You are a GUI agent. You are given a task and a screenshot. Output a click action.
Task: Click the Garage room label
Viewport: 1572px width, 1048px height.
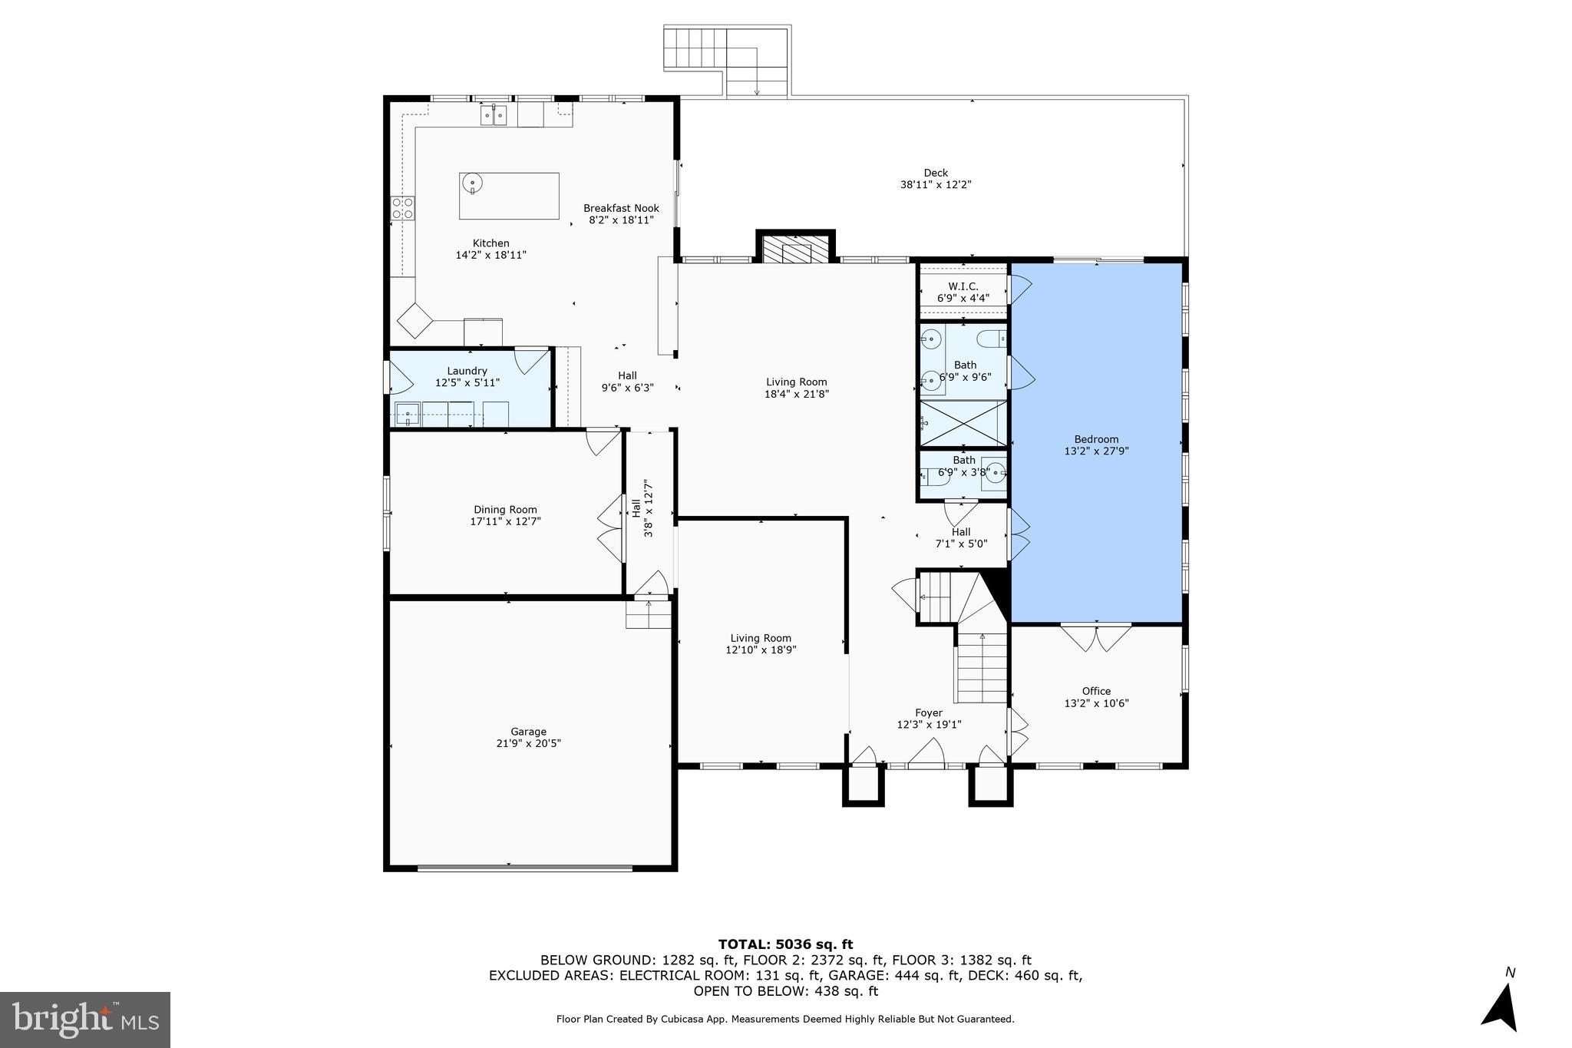pyautogui.click(x=528, y=732)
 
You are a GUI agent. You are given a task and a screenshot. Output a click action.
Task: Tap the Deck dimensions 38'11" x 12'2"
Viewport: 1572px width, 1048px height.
pyautogui.click(x=936, y=185)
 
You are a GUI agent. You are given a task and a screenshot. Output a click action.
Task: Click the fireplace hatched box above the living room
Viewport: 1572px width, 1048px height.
pyautogui.click(x=796, y=249)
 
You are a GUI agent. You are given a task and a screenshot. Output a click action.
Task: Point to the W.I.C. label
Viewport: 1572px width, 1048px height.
pyautogui.click(x=963, y=286)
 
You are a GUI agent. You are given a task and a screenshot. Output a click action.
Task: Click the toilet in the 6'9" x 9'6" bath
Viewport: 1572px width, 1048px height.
pyautogui.click(x=992, y=338)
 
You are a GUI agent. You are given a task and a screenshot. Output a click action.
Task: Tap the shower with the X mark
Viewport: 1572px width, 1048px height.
pyautogui.click(x=963, y=423)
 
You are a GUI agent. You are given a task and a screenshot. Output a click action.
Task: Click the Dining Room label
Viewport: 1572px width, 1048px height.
pyautogui.click(x=505, y=510)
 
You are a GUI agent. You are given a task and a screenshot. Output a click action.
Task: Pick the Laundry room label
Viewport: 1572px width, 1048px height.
pyautogui.click(x=467, y=371)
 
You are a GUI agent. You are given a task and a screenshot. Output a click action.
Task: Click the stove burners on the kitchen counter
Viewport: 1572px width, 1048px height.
pyautogui.click(x=403, y=208)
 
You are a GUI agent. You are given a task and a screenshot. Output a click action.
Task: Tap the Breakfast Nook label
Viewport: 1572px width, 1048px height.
pyautogui.click(x=621, y=208)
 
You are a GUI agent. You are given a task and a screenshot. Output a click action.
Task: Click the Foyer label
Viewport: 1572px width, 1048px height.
pyautogui.click(x=929, y=713)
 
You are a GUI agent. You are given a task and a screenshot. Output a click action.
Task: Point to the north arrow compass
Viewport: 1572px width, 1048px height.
pyautogui.click(x=1501, y=1007)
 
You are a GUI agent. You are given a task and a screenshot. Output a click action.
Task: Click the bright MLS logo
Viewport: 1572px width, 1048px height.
pyautogui.click(x=85, y=1020)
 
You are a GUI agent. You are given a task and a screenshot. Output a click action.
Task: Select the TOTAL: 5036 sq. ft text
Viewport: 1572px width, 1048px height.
pyautogui.click(x=785, y=944)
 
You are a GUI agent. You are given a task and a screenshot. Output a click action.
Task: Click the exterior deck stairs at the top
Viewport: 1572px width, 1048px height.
pyautogui.click(x=695, y=48)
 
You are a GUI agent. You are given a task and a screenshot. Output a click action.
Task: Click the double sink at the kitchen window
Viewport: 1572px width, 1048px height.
pyautogui.click(x=494, y=116)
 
